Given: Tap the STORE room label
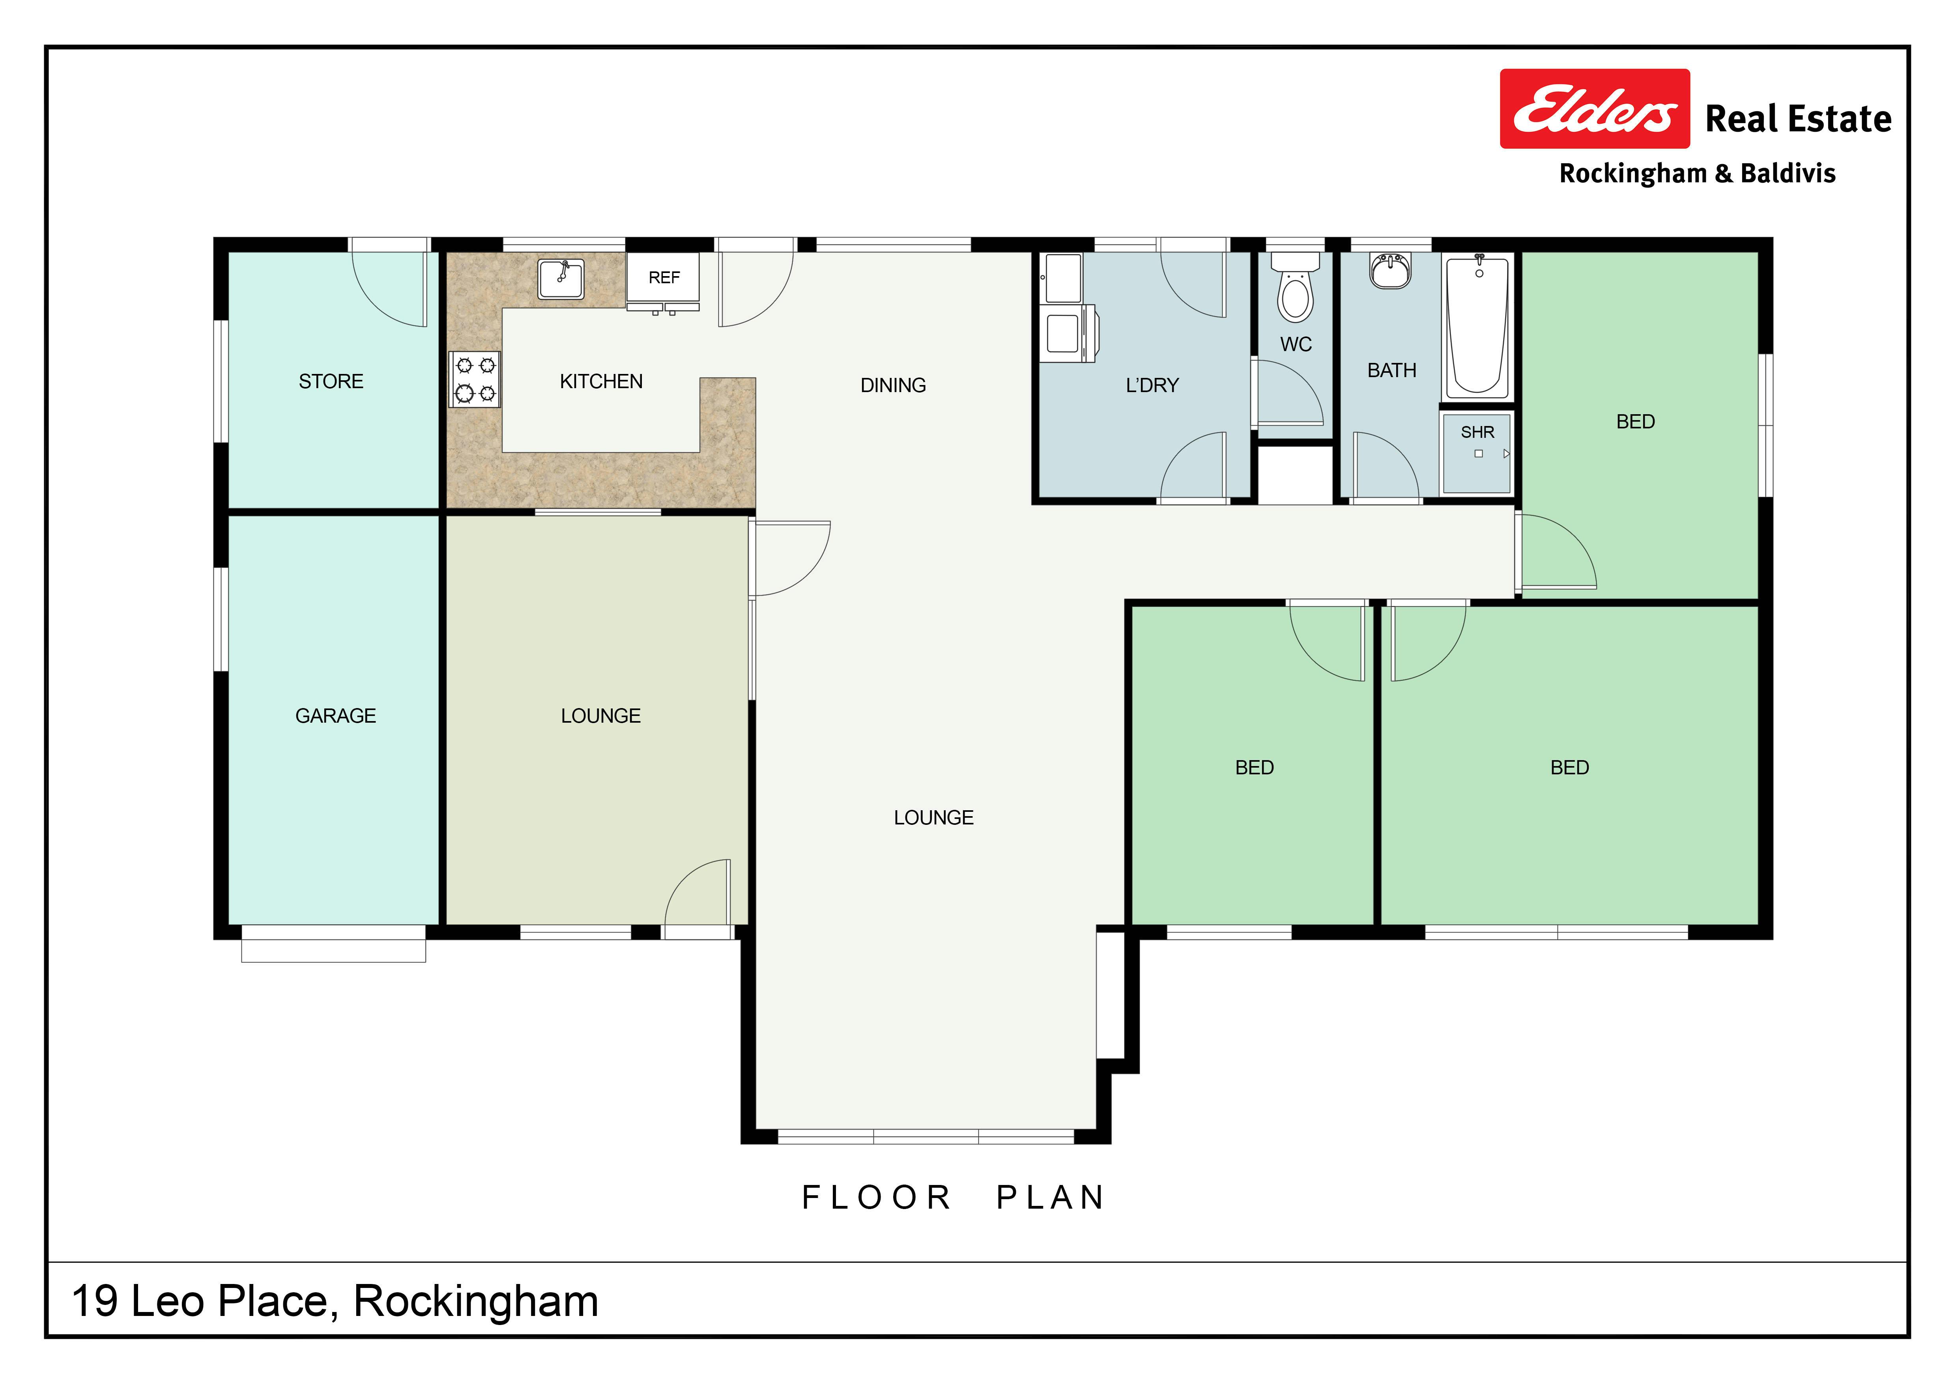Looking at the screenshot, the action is (x=331, y=381).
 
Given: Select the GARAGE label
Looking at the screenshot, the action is (x=336, y=716).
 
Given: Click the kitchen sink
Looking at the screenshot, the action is (x=561, y=279).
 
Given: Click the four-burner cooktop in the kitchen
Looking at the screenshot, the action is (x=475, y=379).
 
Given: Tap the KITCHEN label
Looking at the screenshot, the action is (x=602, y=381).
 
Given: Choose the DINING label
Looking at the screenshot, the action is (x=893, y=386).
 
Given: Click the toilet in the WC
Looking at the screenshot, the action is (x=1295, y=287).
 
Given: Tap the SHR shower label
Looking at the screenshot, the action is (x=1477, y=433).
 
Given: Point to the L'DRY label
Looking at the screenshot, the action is (x=1152, y=386).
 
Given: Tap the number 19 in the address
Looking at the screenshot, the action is (x=95, y=1301).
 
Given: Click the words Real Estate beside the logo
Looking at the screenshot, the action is (x=1799, y=119).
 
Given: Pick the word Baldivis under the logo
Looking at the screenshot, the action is (x=1788, y=174).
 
